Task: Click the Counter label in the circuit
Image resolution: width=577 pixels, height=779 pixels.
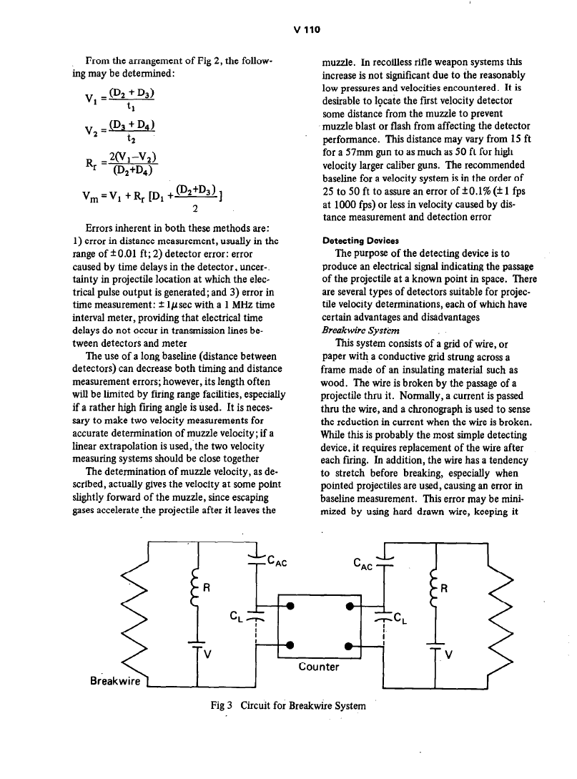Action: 318,667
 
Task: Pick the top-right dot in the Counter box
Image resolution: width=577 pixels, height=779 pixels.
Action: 349,607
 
